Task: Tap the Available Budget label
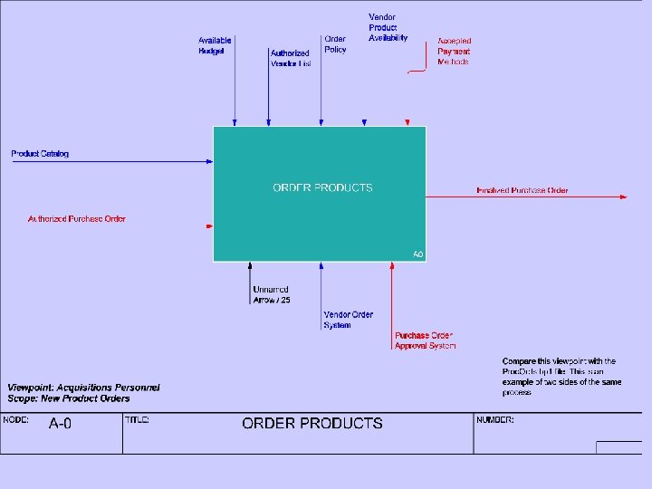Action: [x=215, y=46]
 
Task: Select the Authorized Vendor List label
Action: [x=290, y=59]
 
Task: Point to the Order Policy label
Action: [x=335, y=44]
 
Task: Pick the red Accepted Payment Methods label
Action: [x=454, y=52]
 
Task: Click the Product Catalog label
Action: [x=40, y=154]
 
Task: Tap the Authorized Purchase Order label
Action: [x=77, y=219]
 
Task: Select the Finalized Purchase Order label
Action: [x=523, y=191]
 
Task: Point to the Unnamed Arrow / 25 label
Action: [x=272, y=294]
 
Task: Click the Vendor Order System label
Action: [x=349, y=320]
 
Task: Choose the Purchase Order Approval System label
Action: [x=425, y=340]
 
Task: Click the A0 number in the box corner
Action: [x=417, y=255]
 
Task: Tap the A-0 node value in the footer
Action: [x=61, y=423]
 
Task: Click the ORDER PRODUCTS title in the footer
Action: [x=312, y=423]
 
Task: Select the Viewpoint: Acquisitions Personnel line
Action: [x=83, y=388]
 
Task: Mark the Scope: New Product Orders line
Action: [x=69, y=398]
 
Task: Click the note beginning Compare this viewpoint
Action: [x=561, y=377]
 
